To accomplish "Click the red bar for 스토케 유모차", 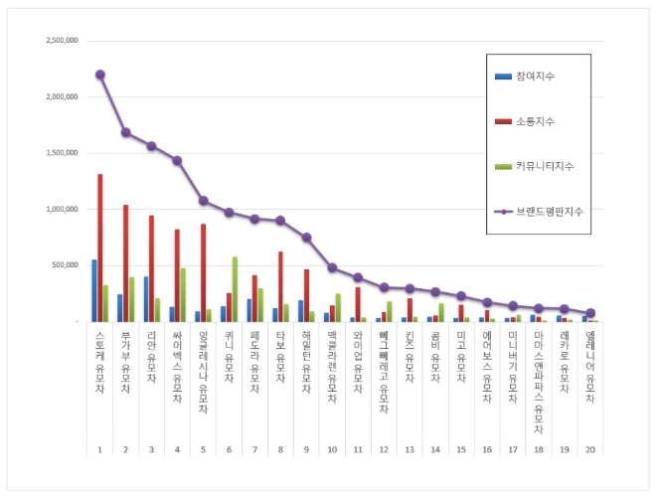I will click(100, 248).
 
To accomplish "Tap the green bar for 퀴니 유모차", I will click(235, 289).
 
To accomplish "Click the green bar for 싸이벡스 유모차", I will click(183, 294).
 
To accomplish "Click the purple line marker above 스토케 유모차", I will click(100, 75).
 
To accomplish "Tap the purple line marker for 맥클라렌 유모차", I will click(332, 267).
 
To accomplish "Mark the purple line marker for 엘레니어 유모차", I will click(590, 312).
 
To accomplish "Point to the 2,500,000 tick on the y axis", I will click(62, 41).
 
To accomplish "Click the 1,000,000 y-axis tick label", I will click(62, 210).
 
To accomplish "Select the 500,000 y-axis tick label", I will click(66, 265).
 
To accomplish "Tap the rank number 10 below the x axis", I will click(332, 450).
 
